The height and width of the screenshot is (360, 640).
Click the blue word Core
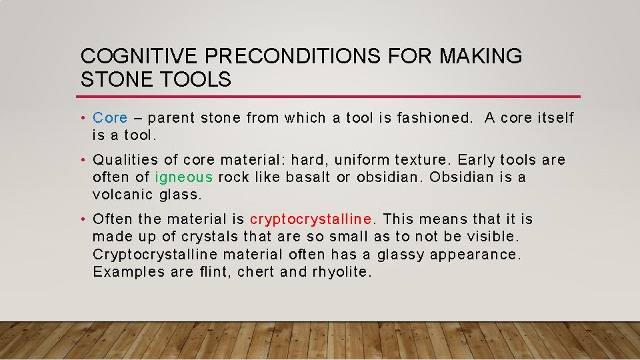click(110, 118)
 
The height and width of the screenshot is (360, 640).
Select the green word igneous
click(184, 177)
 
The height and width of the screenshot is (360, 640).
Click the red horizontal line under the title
click(330, 97)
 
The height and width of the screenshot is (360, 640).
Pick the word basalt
click(309, 177)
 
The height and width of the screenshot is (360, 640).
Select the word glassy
click(401, 255)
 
